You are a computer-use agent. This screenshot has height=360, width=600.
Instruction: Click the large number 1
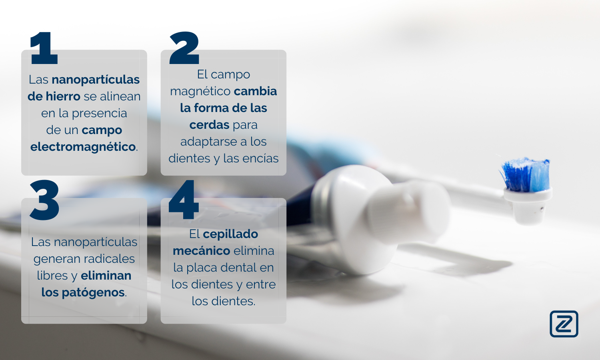click(x=44, y=48)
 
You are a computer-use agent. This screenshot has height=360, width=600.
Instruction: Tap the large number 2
click(x=184, y=48)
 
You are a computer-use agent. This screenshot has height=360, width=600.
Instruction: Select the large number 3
click(x=44, y=200)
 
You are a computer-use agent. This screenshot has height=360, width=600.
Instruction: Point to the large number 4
click(x=184, y=200)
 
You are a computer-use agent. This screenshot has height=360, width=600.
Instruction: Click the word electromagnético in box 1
click(x=83, y=147)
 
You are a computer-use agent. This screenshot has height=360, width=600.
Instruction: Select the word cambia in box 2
click(x=255, y=91)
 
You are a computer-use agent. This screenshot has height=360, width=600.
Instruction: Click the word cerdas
click(x=210, y=125)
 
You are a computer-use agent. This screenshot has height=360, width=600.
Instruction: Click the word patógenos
click(x=93, y=292)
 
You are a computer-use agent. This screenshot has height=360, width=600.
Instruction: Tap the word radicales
click(x=109, y=259)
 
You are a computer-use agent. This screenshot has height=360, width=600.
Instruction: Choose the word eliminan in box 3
click(x=106, y=276)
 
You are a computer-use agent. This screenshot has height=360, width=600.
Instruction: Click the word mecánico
click(x=202, y=251)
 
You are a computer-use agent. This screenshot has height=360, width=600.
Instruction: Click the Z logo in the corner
click(x=564, y=324)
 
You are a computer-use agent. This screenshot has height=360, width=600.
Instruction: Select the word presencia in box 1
click(x=99, y=114)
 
